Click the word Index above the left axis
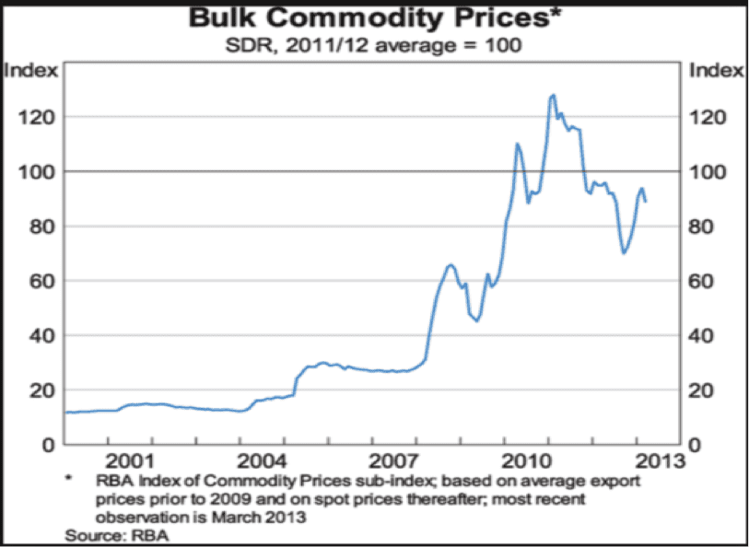pyautogui.click(x=33, y=70)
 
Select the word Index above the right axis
pyautogui.click(x=716, y=70)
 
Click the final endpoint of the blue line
pyautogui.click(x=645, y=201)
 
